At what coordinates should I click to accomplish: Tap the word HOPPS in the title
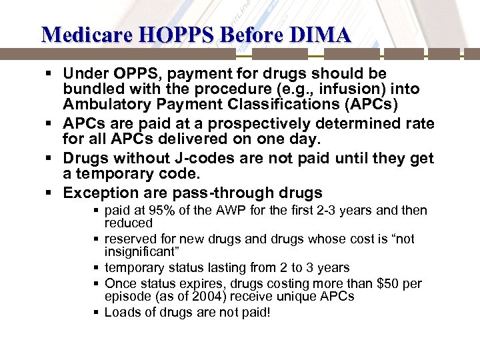(x=163, y=35)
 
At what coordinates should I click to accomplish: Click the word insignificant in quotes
(x=140, y=251)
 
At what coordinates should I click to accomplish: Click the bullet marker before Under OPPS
(x=52, y=73)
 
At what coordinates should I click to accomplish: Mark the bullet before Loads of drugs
(x=97, y=311)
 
